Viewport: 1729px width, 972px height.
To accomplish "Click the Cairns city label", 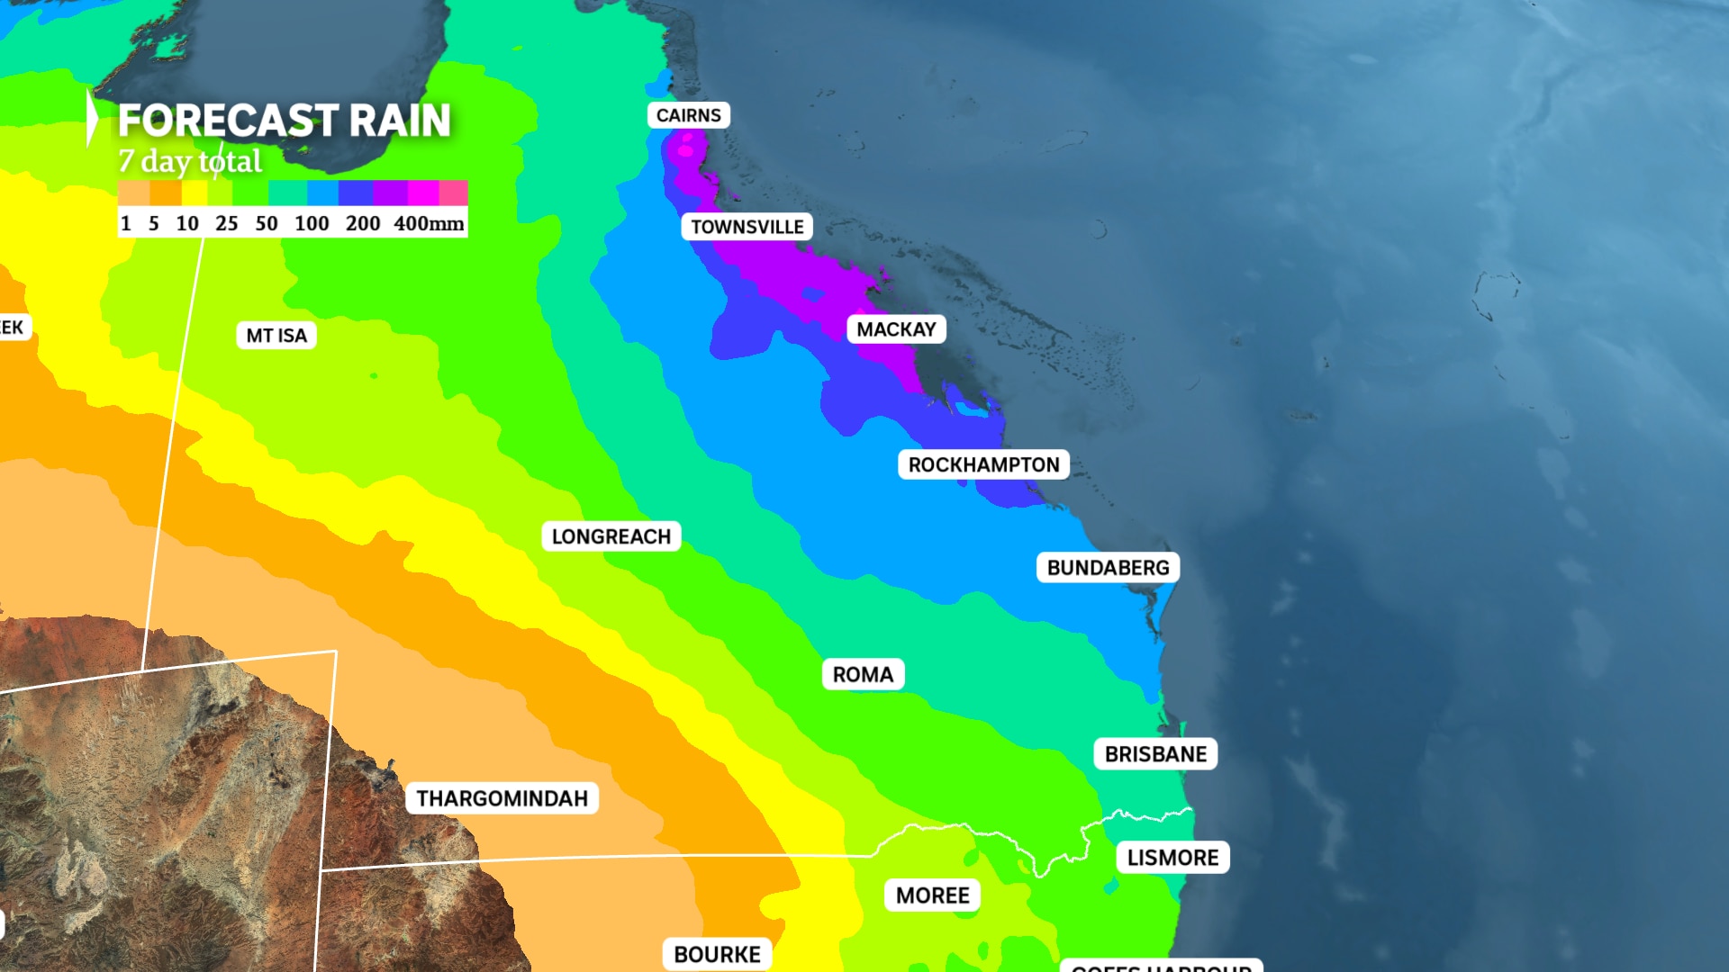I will (688, 115).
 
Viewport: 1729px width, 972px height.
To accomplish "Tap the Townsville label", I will (747, 227).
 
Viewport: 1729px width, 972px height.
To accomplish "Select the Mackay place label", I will (896, 329).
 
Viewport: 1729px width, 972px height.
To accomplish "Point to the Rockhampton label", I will (983, 464).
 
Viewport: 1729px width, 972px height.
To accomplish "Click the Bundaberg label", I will (1108, 568).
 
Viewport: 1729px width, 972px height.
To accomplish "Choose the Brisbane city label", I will (1155, 754).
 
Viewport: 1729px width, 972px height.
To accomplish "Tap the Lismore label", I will (1172, 858).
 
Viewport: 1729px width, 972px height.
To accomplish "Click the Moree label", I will (932, 895).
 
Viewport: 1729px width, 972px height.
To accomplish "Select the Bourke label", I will (717, 954).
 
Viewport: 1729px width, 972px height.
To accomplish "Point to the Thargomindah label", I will (502, 798).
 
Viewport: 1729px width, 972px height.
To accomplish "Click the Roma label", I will (863, 674).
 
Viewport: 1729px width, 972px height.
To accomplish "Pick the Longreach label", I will (611, 536).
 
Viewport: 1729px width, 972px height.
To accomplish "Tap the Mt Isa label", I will (276, 336).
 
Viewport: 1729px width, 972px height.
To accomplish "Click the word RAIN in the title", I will (400, 121).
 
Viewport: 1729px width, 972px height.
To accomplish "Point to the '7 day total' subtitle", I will (190, 162).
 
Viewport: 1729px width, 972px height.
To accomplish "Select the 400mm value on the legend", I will (429, 223).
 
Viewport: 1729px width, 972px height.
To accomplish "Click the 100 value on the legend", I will (312, 223).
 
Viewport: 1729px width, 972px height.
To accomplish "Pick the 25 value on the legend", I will (226, 223).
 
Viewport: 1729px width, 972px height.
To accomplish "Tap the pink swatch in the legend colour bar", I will (453, 193).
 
